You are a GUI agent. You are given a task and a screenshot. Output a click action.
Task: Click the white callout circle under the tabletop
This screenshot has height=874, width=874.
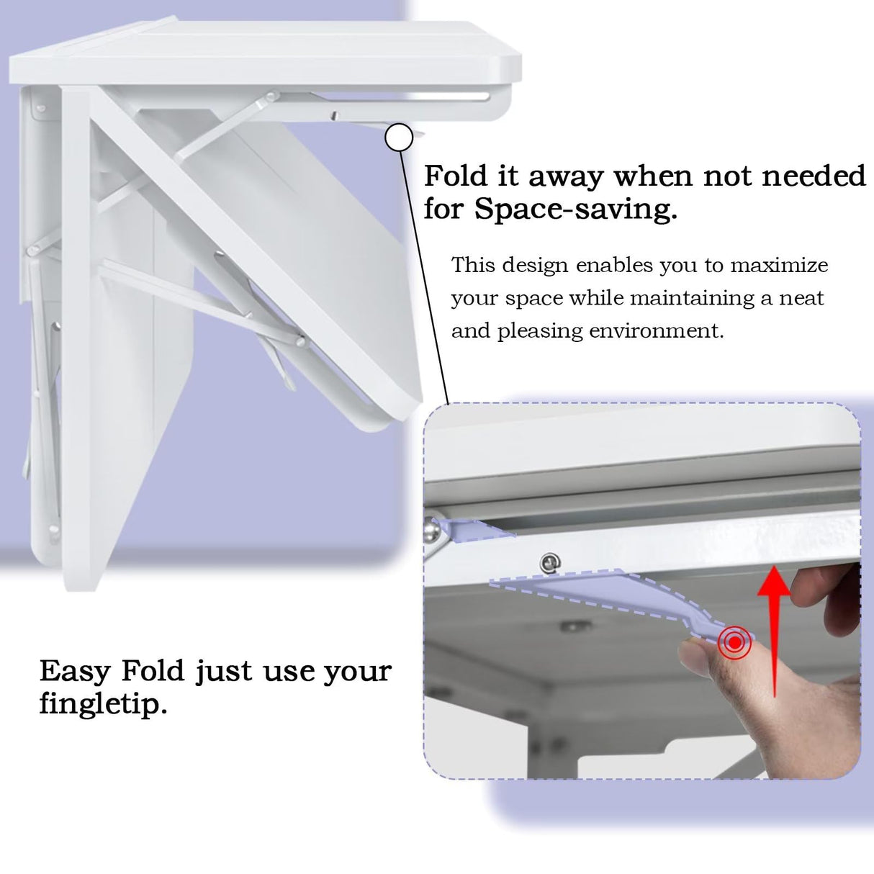click(399, 137)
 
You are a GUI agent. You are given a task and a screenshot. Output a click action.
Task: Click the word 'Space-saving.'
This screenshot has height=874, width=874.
click(576, 210)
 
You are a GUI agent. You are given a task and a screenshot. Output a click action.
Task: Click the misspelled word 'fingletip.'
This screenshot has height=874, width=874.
click(103, 703)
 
